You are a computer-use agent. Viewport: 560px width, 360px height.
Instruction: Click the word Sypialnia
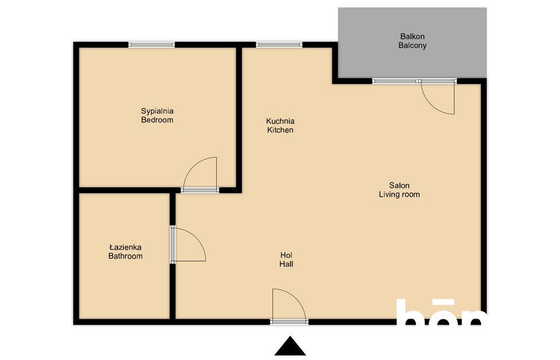(157, 110)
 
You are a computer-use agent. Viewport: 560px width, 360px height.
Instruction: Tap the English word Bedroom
(157, 120)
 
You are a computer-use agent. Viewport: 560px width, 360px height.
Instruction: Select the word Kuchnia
(280, 121)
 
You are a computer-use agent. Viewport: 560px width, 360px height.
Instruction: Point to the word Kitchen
(280, 130)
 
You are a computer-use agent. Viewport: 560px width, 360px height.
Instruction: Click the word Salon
(399, 186)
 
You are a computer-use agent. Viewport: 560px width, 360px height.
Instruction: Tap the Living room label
(399, 195)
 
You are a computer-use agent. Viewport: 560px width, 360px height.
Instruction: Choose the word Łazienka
(125, 247)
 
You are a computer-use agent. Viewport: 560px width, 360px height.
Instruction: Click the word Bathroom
(125, 256)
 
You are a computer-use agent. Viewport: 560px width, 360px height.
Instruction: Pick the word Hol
(286, 255)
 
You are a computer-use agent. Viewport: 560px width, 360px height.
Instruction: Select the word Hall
(286, 264)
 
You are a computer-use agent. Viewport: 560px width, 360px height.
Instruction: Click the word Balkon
(412, 36)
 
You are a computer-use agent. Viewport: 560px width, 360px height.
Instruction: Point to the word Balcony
(412, 46)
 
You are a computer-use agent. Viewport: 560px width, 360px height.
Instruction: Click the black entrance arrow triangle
(290, 347)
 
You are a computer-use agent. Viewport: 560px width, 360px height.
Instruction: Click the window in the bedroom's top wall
(152, 44)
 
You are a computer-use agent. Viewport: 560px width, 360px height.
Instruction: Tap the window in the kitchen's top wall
(279, 44)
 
